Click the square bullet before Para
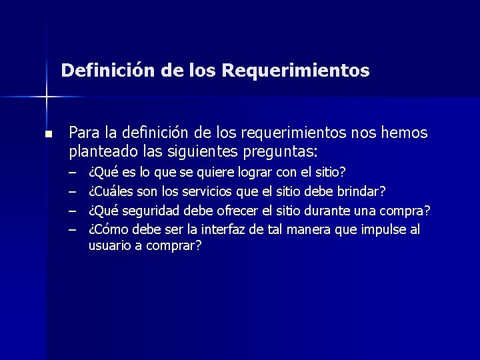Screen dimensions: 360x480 (47, 134)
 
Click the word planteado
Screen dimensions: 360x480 (100, 151)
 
